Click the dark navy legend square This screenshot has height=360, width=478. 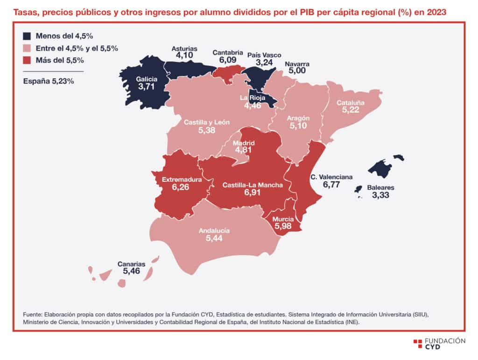coord(27,36)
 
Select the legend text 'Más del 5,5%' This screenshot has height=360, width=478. coord(60,60)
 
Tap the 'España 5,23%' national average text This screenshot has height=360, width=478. coord(49,81)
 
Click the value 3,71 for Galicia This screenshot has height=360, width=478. coord(147,86)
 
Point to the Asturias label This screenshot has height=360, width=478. coord(184,48)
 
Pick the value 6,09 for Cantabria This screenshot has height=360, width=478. coord(228,60)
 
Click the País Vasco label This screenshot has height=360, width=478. coord(264,55)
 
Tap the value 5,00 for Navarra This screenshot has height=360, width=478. coord(297,71)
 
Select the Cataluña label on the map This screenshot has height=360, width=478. coord(351,103)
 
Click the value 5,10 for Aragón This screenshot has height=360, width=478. coord(298,126)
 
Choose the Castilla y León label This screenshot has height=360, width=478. coord(207,122)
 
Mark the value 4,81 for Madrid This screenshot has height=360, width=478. coord(243,150)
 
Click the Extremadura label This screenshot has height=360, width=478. coord(182,180)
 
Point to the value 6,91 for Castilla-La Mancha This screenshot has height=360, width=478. coord(253,193)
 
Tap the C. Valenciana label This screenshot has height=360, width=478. coord(332,177)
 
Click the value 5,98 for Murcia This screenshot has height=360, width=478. coord(283,226)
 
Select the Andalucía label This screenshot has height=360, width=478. coord(214,230)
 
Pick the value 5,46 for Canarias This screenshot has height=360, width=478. coord(131,271)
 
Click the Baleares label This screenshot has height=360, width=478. coord(380,187)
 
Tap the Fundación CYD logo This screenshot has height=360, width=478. coord(439,344)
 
